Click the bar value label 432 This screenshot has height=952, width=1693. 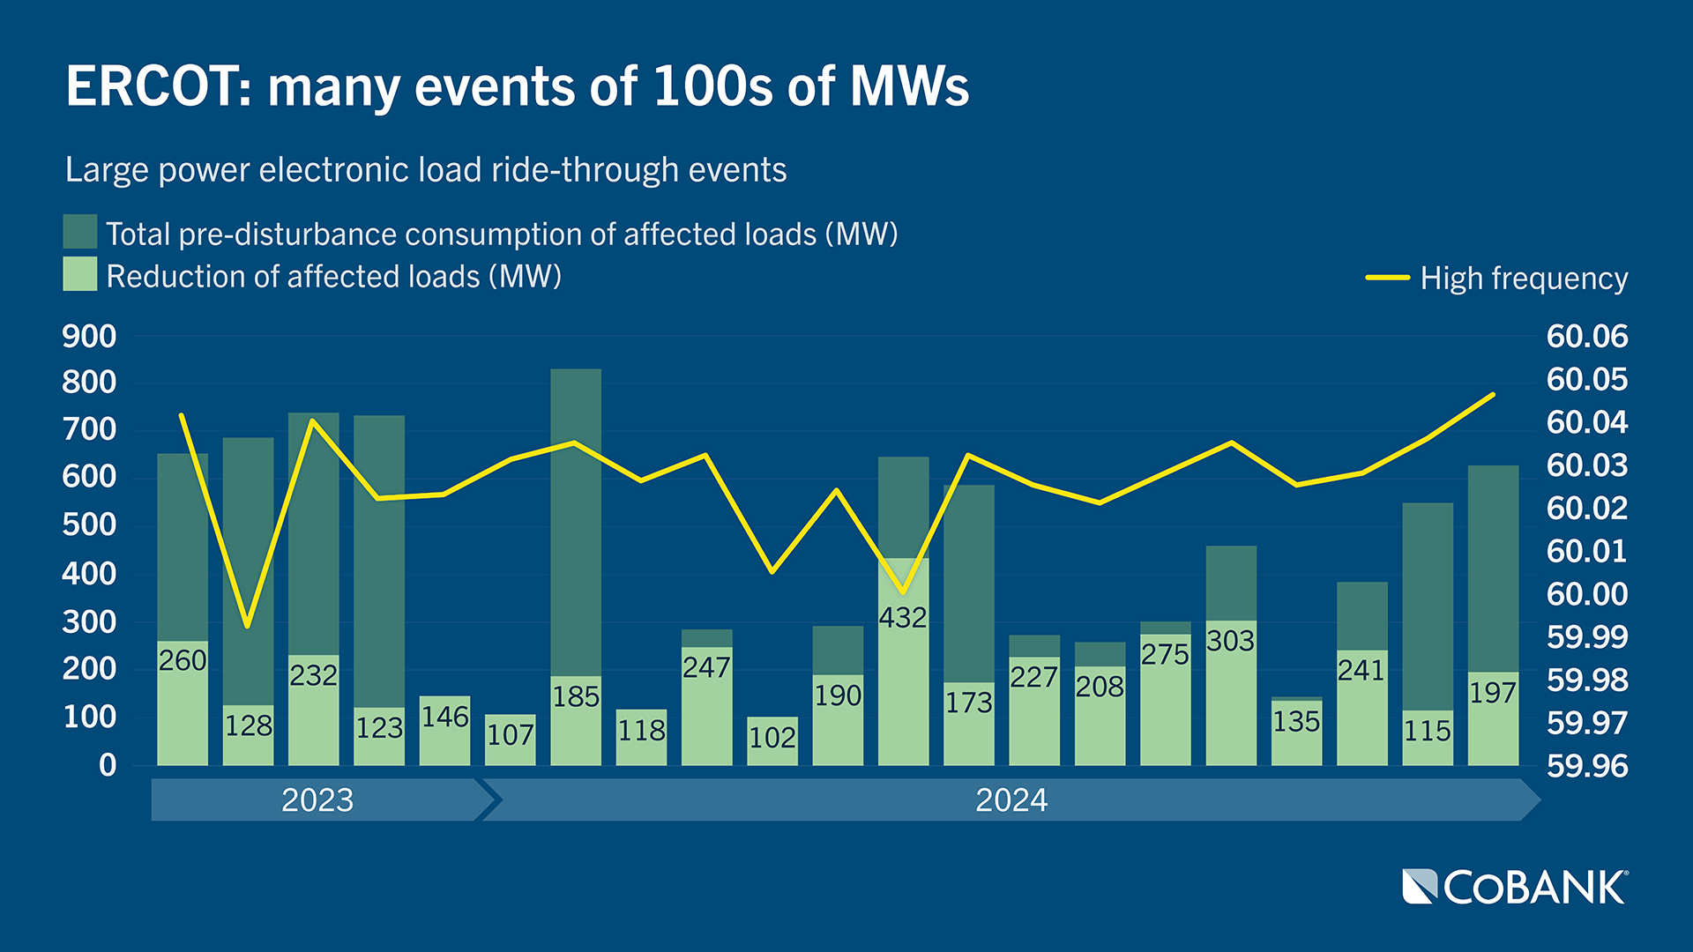pyautogui.click(x=903, y=618)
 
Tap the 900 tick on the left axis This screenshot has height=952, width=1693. pyautogui.click(x=89, y=337)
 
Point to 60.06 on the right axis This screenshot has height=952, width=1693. pyautogui.click(x=1587, y=337)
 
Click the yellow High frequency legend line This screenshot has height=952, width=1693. pyautogui.click(x=1388, y=278)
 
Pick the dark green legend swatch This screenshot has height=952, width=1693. pyautogui.click(x=80, y=232)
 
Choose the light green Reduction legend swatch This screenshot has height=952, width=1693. pyautogui.click(x=80, y=274)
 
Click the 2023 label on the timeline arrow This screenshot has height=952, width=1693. pyautogui.click(x=317, y=800)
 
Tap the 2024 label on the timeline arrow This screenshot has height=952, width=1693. pyautogui.click(x=1011, y=800)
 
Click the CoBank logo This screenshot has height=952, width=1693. pyautogui.click(x=1515, y=887)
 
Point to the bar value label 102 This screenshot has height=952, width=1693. pyautogui.click(x=772, y=738)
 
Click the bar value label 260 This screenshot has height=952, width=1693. pyautogui.click(x=183, y=660)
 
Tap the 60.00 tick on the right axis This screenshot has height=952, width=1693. pyautogui.click(x=1587, y=594)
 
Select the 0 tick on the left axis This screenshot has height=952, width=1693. pyautogui.click(x=108, y=765)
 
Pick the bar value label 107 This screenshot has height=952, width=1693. pyautogui.click(x=511, y=735)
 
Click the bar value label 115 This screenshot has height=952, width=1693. pyautogui.click(x=1428, y=731)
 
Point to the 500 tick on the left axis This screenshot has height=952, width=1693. pyautogui.click(x=89, y=525)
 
